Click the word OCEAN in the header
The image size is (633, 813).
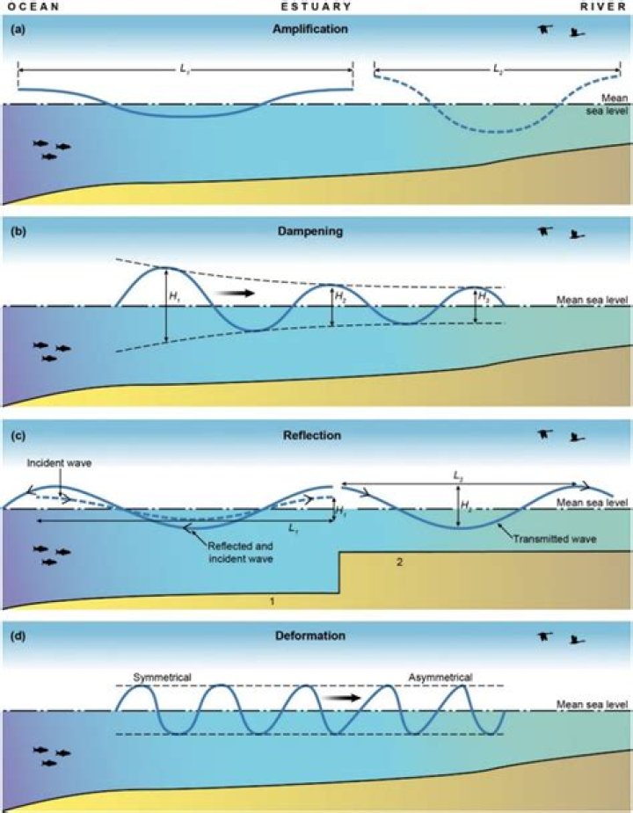point(33,7)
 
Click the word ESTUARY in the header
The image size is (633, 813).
point(316,7)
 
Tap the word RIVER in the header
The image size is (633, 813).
point(603,7)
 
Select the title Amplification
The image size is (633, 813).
point(310,29)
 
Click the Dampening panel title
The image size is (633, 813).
point(310,231)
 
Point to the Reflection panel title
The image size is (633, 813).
point(312,436)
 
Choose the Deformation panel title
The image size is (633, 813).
point(310,635)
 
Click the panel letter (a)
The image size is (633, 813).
point(18,30)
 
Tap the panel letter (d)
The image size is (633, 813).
point(18,635)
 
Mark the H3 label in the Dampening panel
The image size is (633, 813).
point(484,298)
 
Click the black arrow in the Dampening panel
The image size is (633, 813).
point(235,294)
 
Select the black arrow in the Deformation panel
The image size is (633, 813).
point(340,698)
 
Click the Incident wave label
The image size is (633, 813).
point(59,463)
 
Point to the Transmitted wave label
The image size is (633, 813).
point(555,540)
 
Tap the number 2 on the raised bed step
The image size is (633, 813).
point(399,562)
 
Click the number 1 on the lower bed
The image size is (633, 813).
point(272,601)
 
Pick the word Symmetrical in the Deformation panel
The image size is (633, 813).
point(163,677)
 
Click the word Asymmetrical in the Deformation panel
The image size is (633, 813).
point(440,677)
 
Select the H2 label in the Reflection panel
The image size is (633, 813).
point(466,504)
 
